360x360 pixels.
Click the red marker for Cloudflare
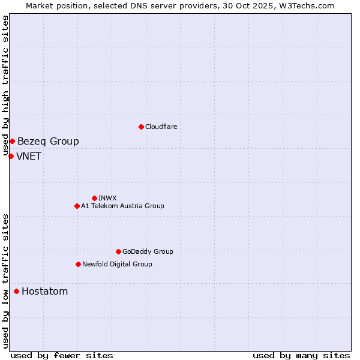coord(141,127)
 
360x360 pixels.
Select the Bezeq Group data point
coord(12,141)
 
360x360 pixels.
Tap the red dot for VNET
coord(11,156)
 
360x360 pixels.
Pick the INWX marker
coord(94,198)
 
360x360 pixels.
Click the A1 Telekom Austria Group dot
coord(77,206)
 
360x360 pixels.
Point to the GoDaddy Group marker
coord(118,251)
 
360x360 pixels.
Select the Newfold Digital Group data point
coord(78,264)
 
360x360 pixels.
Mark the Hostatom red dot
coord(16,291)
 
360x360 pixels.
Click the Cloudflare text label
coord(161,127)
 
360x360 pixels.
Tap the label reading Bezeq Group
coord(48,141)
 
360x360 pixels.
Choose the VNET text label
coord(29,156)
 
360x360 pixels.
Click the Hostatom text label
coord(44,291)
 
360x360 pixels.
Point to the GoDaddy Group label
coord(148,251)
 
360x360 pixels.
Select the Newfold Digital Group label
coord(117,264)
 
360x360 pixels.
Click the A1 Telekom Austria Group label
coord(122,206)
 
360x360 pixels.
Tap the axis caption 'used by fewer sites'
coord(61,355)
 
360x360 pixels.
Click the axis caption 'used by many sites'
coord(301,355)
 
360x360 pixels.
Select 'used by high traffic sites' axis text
coord(6,86)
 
